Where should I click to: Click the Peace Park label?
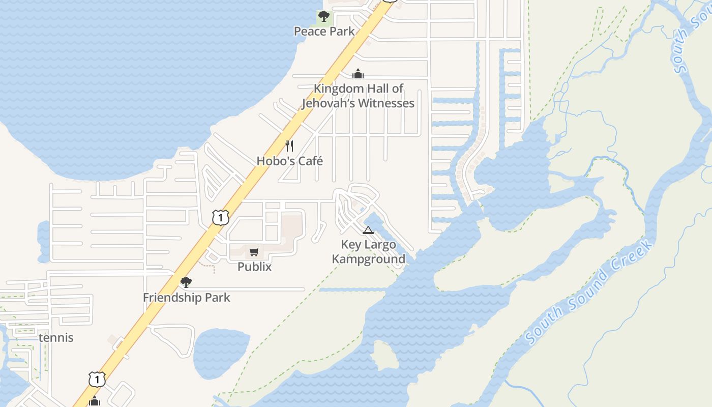[x=324, y=32]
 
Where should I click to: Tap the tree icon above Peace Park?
[x=323, y=17]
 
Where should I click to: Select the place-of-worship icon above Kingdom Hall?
[x=358, y=74]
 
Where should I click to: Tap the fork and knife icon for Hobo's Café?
[x=289, y=147]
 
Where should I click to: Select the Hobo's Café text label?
[x=289, y=161]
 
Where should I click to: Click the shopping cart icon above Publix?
[x=254, y=252]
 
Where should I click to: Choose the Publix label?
[x=254, y=267]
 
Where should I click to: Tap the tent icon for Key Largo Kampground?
[x=368, y=230]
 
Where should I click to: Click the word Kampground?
[x=368, y=259]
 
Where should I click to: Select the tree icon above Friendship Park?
[x=186, y=282]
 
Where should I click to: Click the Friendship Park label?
[x=186, y=298]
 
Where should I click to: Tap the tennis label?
[x=56, y=338]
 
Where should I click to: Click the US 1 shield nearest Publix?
[x=220, y=218]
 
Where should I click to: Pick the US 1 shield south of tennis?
[x=97, y=379]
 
